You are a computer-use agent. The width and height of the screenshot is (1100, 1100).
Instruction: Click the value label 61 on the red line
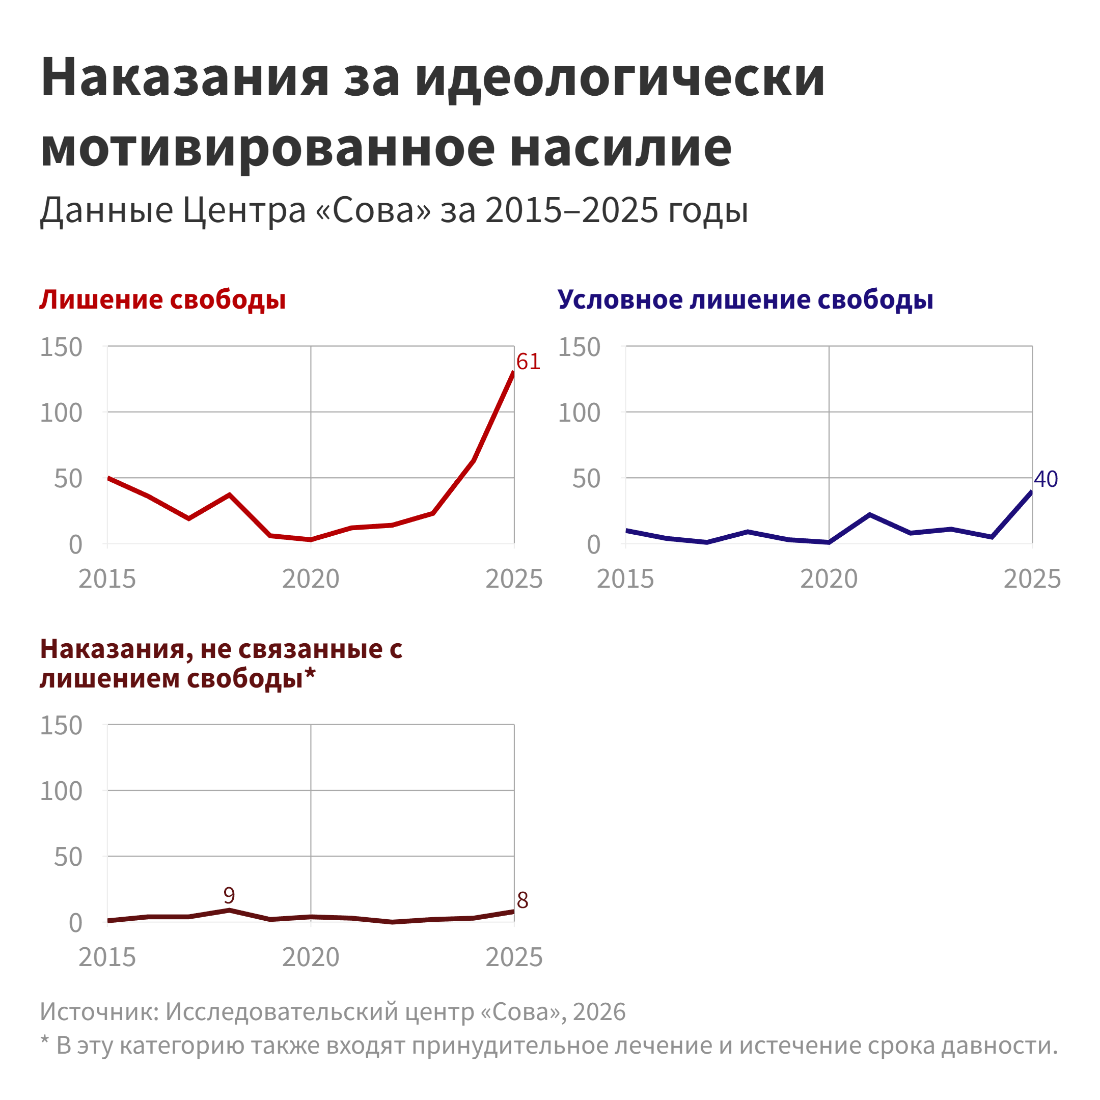click(528, 362)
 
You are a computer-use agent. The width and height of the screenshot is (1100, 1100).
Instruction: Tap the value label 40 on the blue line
click(1046, 479)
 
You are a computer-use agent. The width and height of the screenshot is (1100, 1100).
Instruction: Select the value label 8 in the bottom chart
click(522, 900)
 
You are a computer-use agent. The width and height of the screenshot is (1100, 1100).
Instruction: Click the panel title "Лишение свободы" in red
click(163, 299)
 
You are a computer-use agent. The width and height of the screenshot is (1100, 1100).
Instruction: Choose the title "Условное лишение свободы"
click(745, 299)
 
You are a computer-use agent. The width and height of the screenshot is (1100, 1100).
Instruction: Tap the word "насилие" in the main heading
click(621, 148)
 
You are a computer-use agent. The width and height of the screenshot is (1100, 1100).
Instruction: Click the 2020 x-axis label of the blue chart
click(829, 579)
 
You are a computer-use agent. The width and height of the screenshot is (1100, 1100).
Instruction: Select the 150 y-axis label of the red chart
click(61, 347)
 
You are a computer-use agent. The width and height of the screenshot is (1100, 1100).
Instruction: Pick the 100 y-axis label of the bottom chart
click(61, 791)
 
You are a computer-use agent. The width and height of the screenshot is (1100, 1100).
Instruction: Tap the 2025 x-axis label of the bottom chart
click(514, 957)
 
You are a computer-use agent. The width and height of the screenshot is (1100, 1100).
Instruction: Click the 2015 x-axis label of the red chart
click(107, 579)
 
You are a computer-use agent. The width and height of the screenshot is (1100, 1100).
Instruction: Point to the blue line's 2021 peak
click(869, 515)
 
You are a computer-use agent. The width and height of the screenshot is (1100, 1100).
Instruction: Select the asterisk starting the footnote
click(45, 1041)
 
